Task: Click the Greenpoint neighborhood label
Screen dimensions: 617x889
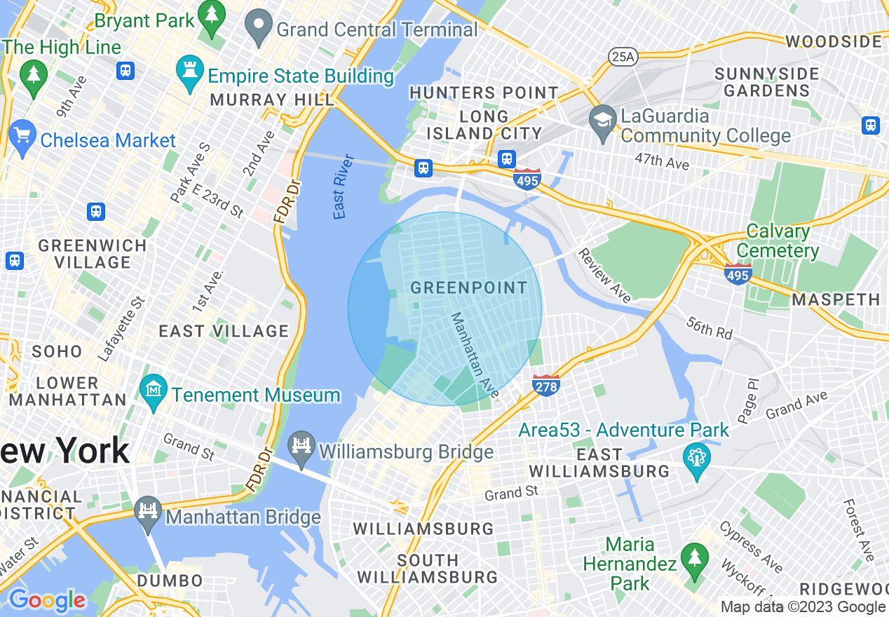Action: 468,287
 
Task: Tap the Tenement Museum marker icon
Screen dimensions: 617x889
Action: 152,387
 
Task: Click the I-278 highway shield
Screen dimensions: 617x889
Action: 545,385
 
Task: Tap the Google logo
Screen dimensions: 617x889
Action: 46,600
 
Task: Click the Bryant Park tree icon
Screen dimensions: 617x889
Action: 211,13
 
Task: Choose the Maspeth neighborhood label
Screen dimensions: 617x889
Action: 836,300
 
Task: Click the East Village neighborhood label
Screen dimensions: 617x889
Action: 224,331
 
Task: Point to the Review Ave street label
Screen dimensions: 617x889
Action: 605,275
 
